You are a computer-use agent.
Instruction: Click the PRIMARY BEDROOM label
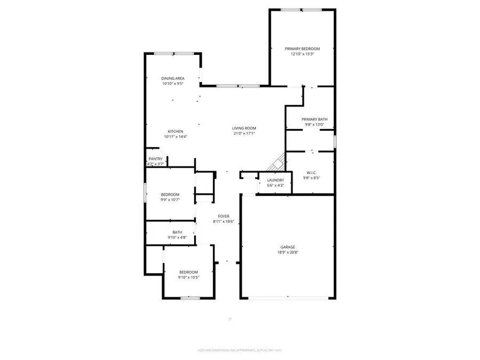click(x=302, y=49)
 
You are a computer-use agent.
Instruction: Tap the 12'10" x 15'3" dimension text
click(x=302, y=54)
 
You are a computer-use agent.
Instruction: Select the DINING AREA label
click(x=173, y=78)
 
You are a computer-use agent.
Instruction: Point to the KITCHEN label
click(x=176, y=131)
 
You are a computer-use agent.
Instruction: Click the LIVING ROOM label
click(x=244, y=128)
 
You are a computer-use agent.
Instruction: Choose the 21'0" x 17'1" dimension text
click(x=244, y=133)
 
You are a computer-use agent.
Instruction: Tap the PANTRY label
click(x=156, y=159)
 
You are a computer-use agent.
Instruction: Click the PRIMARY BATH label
click(x=314, y=119)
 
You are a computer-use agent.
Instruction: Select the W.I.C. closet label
click(x=313, y=172)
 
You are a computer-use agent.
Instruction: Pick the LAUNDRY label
click(x=276, y=180)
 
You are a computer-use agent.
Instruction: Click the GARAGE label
click(x=288, y=247)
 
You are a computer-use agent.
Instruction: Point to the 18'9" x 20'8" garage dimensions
click(x=288, y=252)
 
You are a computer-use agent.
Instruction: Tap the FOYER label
click(x=223, y=216)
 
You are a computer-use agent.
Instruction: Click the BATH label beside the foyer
click(x=177, y=232)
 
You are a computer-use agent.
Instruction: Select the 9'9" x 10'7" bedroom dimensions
click(x=170, y=200)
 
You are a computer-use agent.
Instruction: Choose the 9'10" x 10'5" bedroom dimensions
click(x=188, y=277)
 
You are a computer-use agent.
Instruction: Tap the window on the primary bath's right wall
click(x=334, y=142)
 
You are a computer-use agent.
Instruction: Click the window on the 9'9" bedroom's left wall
click(x=145, y=193)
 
